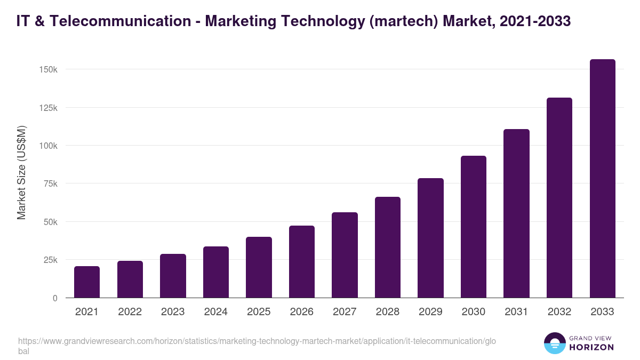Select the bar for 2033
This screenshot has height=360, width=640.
click(x=602, y=179)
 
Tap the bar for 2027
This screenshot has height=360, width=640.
click(x=345, y=255)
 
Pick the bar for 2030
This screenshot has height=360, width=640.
click(x=474, y=227)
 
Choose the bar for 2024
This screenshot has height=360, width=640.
click(x=216, y=272)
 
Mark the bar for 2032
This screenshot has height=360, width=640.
click(x=559, y=198)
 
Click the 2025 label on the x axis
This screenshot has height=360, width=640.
click(x=259, y=312)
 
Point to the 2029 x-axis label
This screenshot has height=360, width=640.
click(x=430, y=312)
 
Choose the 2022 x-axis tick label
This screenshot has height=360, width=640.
click(x=130, y=312)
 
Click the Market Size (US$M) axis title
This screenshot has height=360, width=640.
click(x=21, y=173)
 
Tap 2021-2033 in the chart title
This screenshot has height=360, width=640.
click(x=535, y=21)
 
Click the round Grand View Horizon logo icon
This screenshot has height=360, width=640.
click(x=554, y=343)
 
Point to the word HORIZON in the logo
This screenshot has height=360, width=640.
click(x=591, y=347)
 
